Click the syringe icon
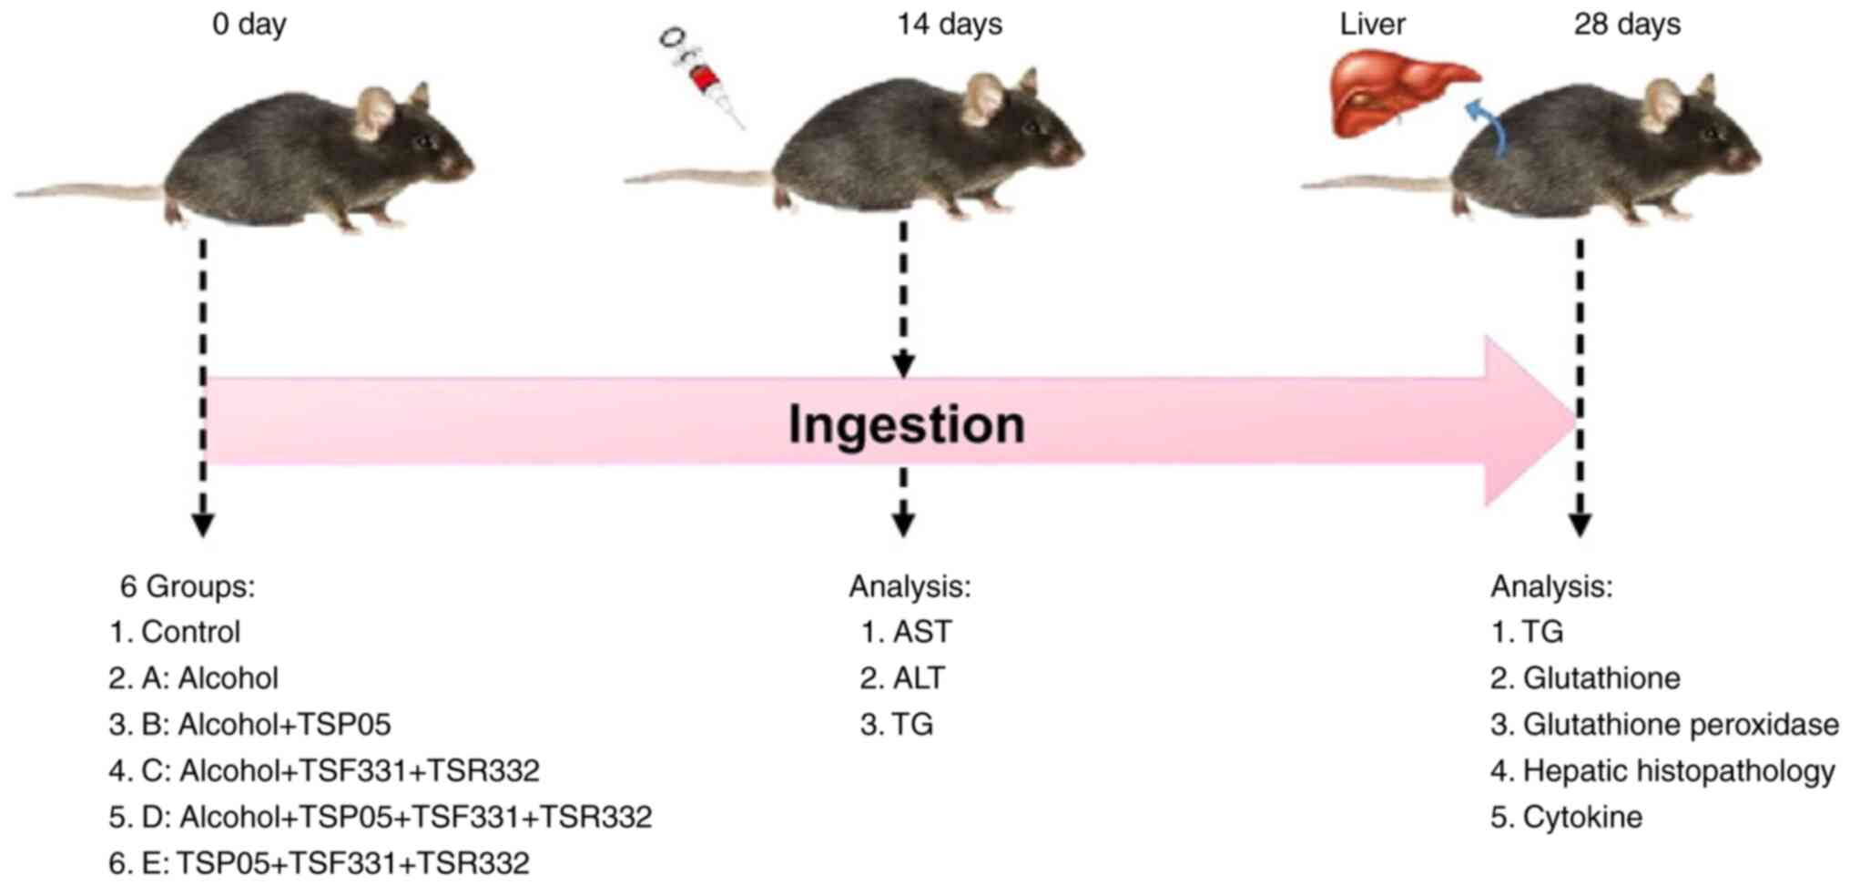tap(702, 76)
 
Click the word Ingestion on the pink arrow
tap(906, 424)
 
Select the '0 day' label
tap(249, 24)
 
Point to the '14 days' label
tap(949, 24)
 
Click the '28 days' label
tap(1626, 24)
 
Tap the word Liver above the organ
tap(1371, 24)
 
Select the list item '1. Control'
tap(175, 632)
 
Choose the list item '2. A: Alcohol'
tap(193, 678)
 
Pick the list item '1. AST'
tap(907, 632)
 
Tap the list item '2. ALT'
tap(903, 678)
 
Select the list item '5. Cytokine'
tap(1566, 818)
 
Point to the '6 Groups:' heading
tap(188, 586)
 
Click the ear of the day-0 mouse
tap(375, 111)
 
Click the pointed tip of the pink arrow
tap(1573, 420)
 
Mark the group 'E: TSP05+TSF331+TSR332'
tap(319, 863)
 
